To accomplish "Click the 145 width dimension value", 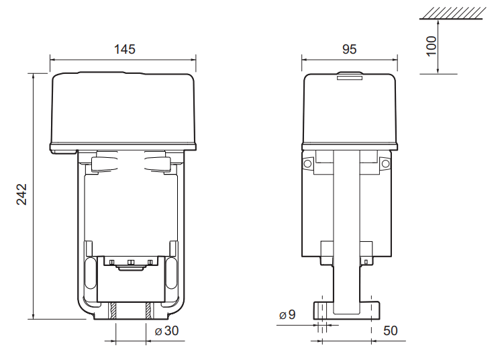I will coord(124,49).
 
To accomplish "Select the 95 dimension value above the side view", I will coord(348,49).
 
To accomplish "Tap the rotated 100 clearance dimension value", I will coord(432,46).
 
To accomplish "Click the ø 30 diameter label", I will coord(166,331).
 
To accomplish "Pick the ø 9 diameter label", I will coord(287,315).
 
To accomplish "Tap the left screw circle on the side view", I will coord(308,164).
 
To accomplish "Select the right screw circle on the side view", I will coord(385,164).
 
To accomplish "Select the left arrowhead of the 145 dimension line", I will coord(53,58).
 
